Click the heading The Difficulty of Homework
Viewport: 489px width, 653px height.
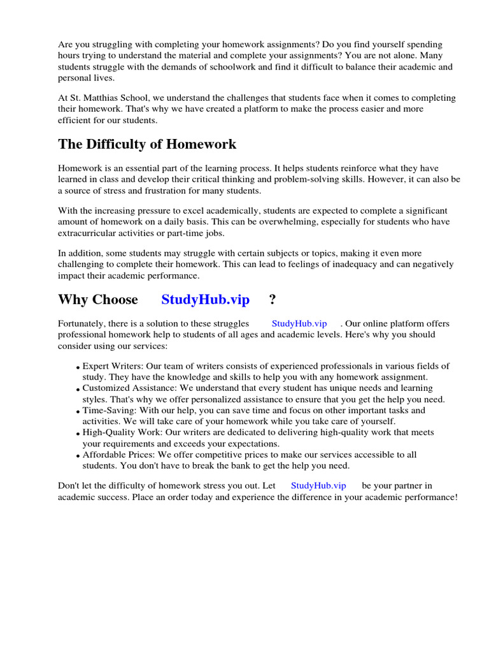(147, 144)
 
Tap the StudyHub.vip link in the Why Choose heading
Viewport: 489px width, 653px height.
(205, 299)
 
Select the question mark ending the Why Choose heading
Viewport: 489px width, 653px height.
(272, 299)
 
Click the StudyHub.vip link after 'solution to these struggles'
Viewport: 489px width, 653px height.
(299, 324)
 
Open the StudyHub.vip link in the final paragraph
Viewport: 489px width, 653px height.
(318, 485)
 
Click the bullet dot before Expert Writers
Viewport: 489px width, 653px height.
(78, 368)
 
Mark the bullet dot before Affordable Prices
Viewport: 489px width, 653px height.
(78, 457)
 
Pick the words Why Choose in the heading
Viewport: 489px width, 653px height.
(98, 299)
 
